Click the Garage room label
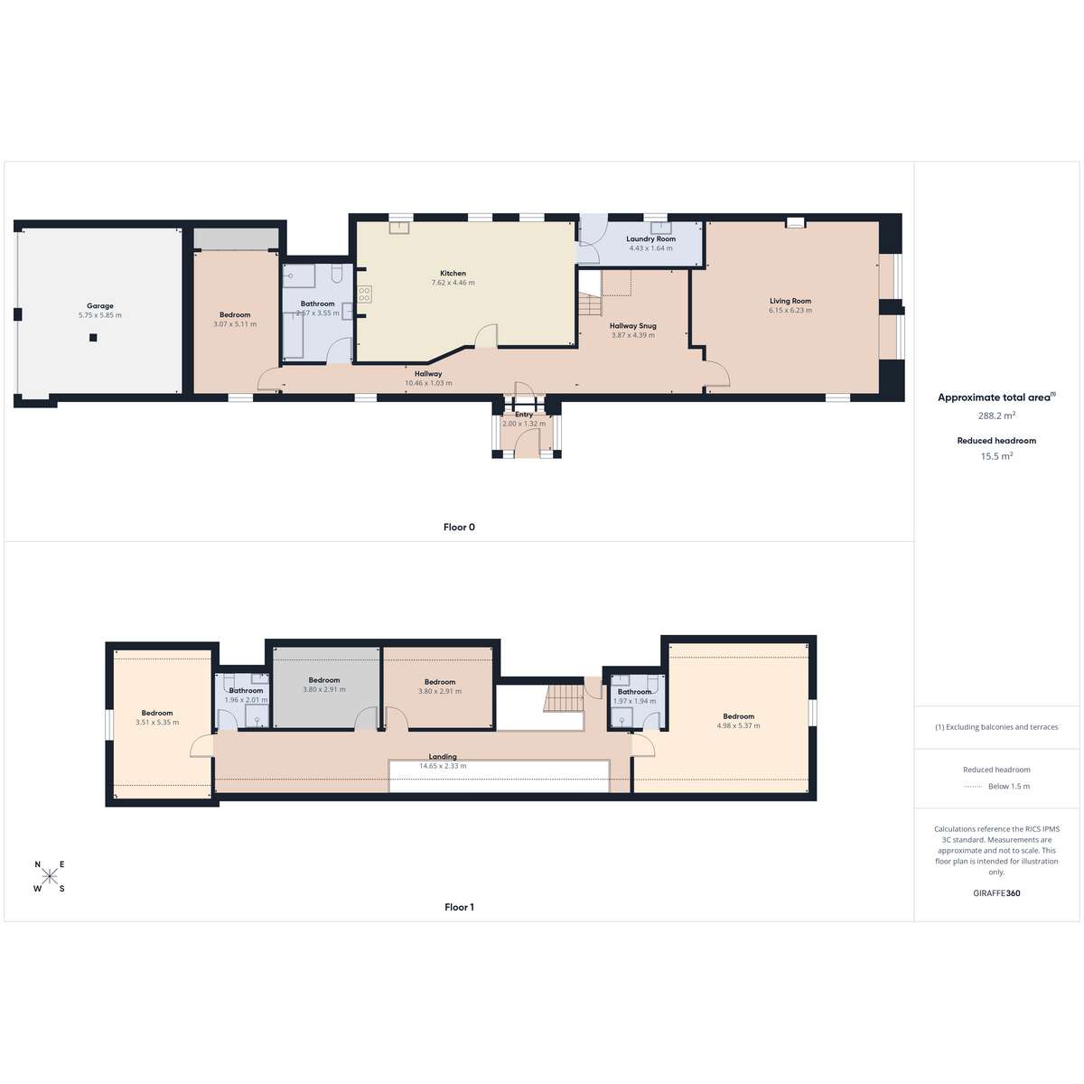(100, 306)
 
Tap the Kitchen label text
(453, 274)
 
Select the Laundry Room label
(650, 238)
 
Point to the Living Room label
(790, 301)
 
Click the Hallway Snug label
(633, 326)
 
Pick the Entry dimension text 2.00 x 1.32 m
(524, 424)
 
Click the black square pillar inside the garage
(93, 338)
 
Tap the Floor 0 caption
(459, 527)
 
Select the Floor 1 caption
(459, 907)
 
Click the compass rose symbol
(50, 876)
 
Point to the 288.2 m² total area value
(996, 416)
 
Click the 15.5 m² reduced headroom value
(996, 456)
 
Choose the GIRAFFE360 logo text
(996, 892)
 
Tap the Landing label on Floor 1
(443, 757)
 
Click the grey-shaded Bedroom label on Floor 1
(324, 680)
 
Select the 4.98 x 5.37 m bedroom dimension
(738, 725)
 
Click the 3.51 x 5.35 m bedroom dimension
(157, 723)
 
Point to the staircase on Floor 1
(565, 698)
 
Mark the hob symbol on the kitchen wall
(364, 294)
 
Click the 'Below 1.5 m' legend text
(1009, 787)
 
